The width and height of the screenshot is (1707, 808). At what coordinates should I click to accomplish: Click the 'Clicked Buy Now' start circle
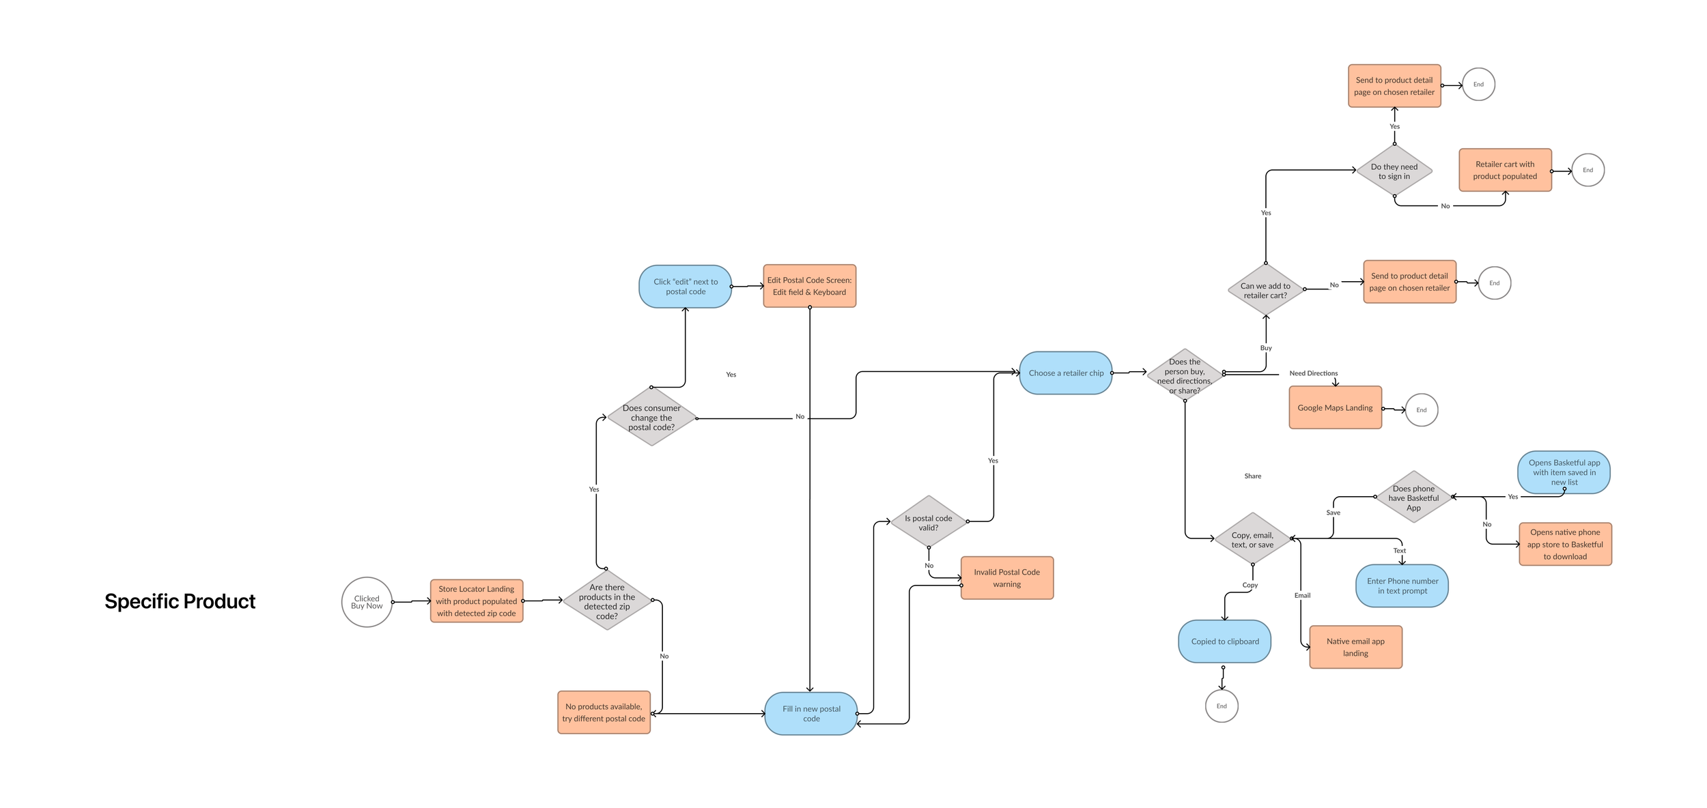367,602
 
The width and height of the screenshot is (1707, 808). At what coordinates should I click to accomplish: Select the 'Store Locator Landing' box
477,601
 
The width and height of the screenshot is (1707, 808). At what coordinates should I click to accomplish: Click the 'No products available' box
604,712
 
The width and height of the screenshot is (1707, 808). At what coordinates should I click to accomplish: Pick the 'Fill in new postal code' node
811,713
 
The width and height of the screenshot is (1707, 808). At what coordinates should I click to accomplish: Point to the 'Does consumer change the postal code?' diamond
651,417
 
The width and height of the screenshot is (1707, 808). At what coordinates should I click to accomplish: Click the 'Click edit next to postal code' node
686,287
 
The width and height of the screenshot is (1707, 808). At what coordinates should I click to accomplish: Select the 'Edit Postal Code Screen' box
809,286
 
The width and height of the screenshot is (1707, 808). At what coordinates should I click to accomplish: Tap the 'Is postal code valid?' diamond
929,522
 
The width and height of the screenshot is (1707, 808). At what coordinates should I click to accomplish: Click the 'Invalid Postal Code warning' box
1007,578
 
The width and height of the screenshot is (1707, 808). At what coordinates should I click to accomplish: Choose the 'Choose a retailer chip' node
1066,373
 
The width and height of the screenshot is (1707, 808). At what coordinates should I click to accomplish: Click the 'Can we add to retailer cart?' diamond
1265,290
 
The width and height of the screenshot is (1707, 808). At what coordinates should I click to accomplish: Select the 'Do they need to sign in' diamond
1394,171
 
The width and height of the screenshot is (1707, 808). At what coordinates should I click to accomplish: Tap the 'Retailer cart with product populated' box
1505,170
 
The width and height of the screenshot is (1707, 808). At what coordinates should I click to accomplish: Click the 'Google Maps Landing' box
1335,407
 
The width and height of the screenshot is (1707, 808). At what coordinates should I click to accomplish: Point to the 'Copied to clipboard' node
1225,641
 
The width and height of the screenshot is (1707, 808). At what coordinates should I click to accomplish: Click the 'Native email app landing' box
1355,647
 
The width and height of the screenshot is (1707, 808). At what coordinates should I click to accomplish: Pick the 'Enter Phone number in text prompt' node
1402,586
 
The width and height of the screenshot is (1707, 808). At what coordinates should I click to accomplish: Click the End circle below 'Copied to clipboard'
1222,706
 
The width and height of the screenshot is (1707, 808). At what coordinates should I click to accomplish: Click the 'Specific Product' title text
180,601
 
